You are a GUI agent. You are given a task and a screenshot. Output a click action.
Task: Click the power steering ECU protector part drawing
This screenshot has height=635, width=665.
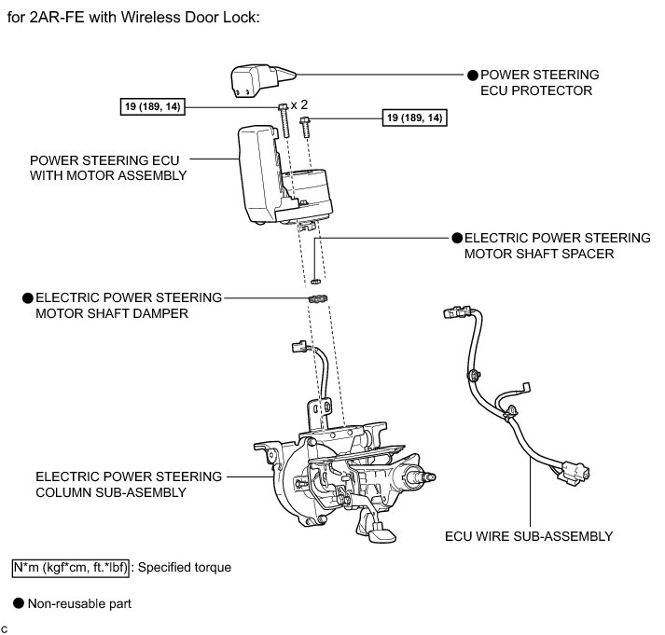coord(256,79)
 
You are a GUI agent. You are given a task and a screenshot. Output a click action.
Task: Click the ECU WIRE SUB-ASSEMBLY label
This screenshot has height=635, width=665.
coord(528,535)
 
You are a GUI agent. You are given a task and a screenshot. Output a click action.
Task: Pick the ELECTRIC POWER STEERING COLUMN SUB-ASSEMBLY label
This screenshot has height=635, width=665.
coord(129,484)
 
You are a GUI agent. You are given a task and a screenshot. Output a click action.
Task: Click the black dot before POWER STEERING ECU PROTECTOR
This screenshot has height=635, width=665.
coord(472,74)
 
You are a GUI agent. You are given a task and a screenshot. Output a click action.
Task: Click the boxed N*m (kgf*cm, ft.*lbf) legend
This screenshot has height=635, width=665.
coord(71,566)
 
